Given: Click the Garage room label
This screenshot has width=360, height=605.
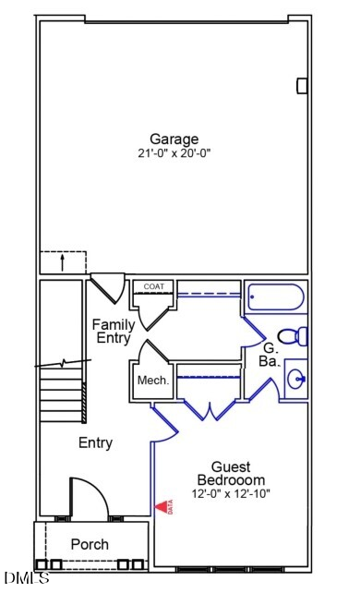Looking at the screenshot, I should click(174, 139).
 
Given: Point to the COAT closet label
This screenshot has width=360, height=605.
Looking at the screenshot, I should click(153, 286).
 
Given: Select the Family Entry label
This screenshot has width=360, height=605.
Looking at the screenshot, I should click(114, 332).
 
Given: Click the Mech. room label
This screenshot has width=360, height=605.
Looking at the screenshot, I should click(151, 381).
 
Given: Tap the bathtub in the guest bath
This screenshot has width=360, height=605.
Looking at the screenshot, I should click(274, 298).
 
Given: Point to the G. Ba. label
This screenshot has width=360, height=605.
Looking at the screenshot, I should click(270, 355).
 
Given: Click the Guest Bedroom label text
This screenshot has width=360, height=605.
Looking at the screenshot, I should click(231, 474).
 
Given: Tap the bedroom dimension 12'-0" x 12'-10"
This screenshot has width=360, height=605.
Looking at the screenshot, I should click(231, 494).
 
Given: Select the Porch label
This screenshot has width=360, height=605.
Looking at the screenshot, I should click(90, 545).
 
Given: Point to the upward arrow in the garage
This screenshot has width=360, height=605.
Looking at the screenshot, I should click(62, 261).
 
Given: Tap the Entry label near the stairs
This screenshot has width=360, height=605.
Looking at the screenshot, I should click(95, 443).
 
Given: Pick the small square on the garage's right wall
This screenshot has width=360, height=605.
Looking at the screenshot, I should click(302, 86).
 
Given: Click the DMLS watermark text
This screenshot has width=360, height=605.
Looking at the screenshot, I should click(26, 579).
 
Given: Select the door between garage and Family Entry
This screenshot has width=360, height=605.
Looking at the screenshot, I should click(108, 285).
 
